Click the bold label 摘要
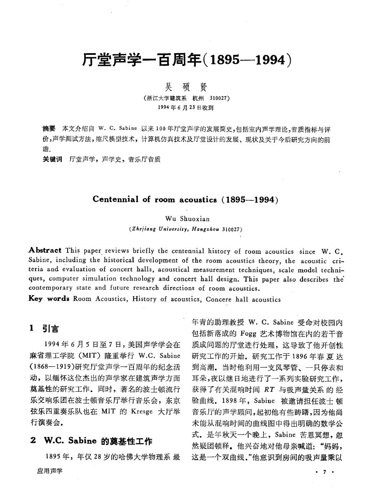click(49, 128)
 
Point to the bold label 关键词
click(52, 158)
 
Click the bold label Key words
click(49, 299)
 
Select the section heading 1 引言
click(44, 329)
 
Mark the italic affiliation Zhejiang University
click(162, 229)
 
